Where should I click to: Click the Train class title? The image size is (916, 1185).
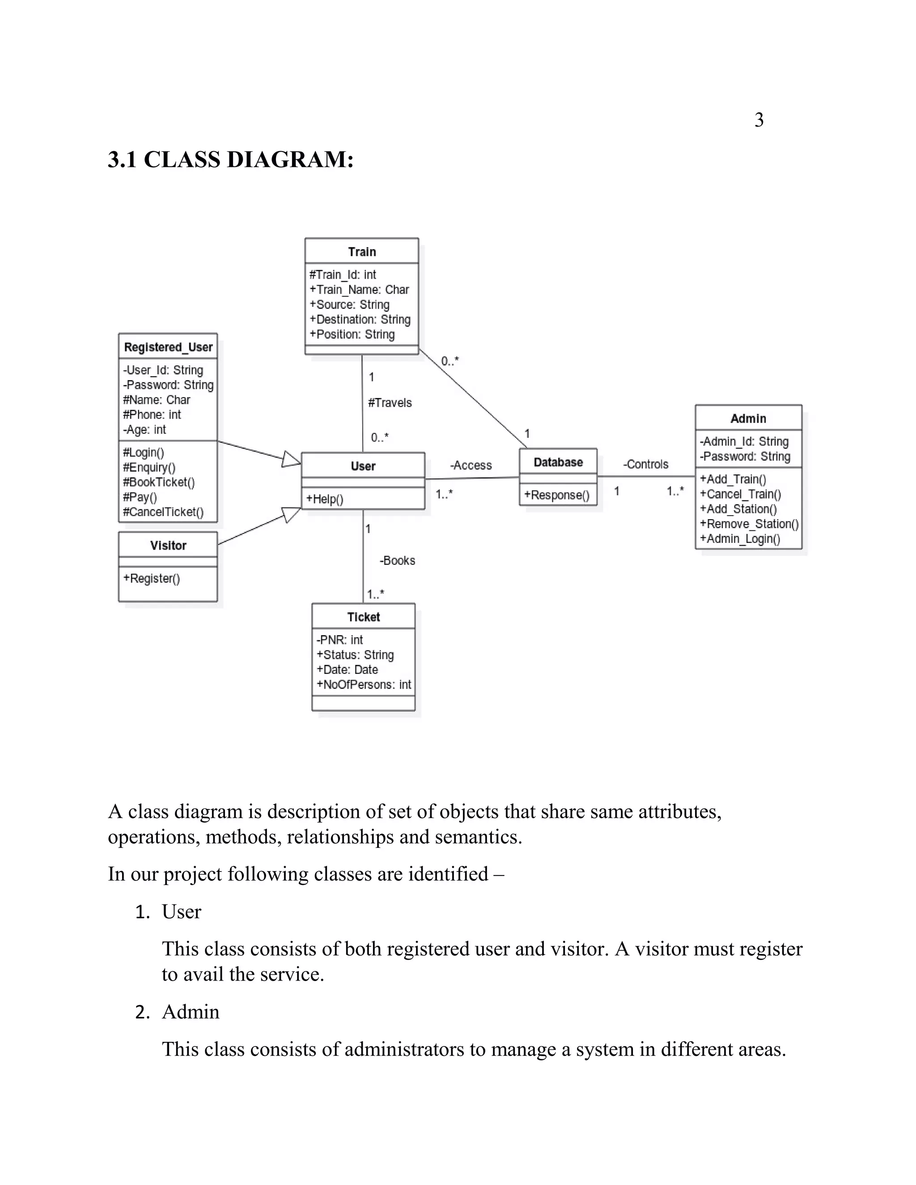[361, 252]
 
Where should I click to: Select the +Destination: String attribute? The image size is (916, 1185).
[360, 320]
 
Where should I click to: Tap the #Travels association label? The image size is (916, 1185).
[390, 402]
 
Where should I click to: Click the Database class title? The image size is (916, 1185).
[558, 462]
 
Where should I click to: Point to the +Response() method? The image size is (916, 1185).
[556, 495]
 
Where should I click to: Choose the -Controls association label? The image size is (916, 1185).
[645, 465]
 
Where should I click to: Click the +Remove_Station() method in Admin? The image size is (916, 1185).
[748, 524]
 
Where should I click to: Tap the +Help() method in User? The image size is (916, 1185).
[325, 499]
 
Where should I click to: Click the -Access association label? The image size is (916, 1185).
[471, 466]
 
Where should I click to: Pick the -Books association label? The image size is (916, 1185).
[397, 560]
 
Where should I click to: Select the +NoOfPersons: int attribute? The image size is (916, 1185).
[364, 685]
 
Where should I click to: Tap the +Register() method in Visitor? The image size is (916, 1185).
[152, 578]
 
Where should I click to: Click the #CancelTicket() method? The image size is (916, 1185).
[163, 512]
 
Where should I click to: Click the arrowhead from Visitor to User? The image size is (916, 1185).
[292, 513]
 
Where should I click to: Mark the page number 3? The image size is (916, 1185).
[759, 120]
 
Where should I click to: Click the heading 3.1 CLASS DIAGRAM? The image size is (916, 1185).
[231, 160]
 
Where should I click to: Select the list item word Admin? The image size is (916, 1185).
[191, 1012]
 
